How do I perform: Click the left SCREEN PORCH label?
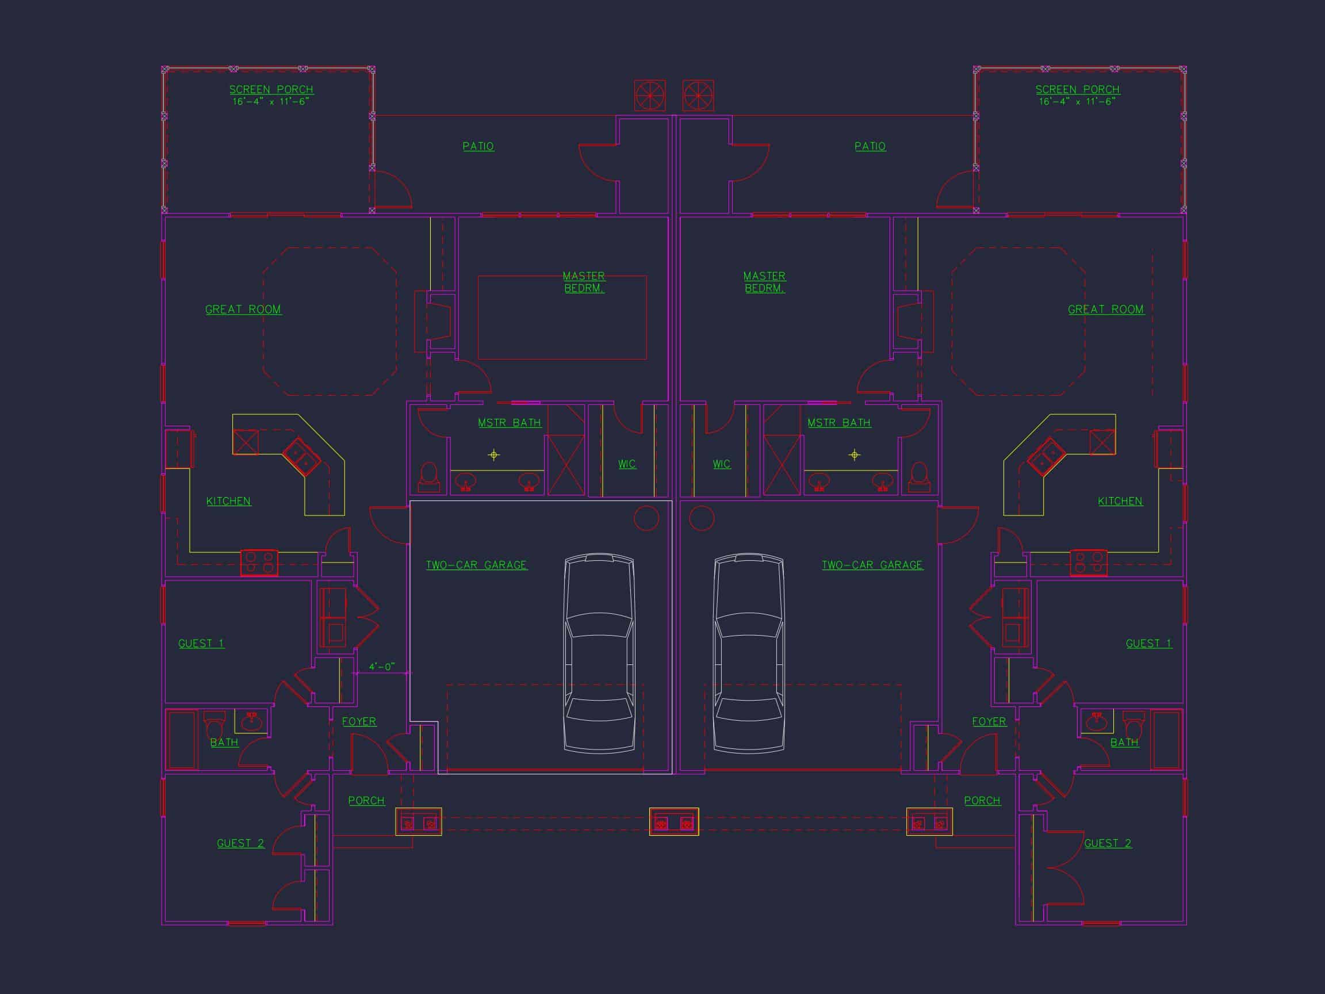(x=271, y=90)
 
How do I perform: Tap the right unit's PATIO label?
(x=870, y=146)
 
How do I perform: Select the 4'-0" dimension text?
(x=381, y=667)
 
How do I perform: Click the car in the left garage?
(x=599, y=653)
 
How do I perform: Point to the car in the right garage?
(x=749, y=653)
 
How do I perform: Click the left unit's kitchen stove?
(x=259, y=563)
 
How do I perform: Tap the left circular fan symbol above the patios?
(x=650, y=96)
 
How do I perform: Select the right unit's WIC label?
(x=721, y=464)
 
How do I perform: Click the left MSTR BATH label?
(x=509, y=423)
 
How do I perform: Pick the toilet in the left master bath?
(x=429, y=477)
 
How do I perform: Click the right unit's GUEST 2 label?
(x=1108, y=844)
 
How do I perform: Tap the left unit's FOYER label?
(x=359, y=722)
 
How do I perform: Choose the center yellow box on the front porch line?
(x=674, y=821)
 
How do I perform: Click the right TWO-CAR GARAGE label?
(x=872, y=565)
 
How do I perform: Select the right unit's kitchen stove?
(x=1089, y=563)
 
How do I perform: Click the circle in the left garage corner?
(x=646, y=518)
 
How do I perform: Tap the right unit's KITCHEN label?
(x=1120, y=502)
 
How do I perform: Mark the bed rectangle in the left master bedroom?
(x=562, y=318)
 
